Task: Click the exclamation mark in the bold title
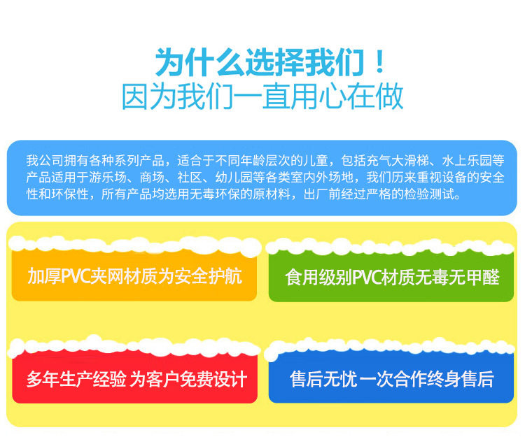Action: [379, 62]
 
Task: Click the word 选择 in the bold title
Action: [274, 62]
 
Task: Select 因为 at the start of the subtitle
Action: [148, 96]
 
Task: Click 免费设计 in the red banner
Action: [213, 380]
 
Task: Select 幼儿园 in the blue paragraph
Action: [234, 177]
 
